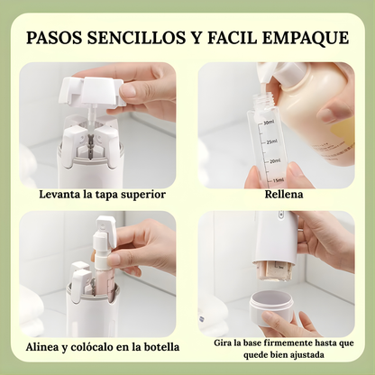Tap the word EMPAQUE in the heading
305,38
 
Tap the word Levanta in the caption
61,194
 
